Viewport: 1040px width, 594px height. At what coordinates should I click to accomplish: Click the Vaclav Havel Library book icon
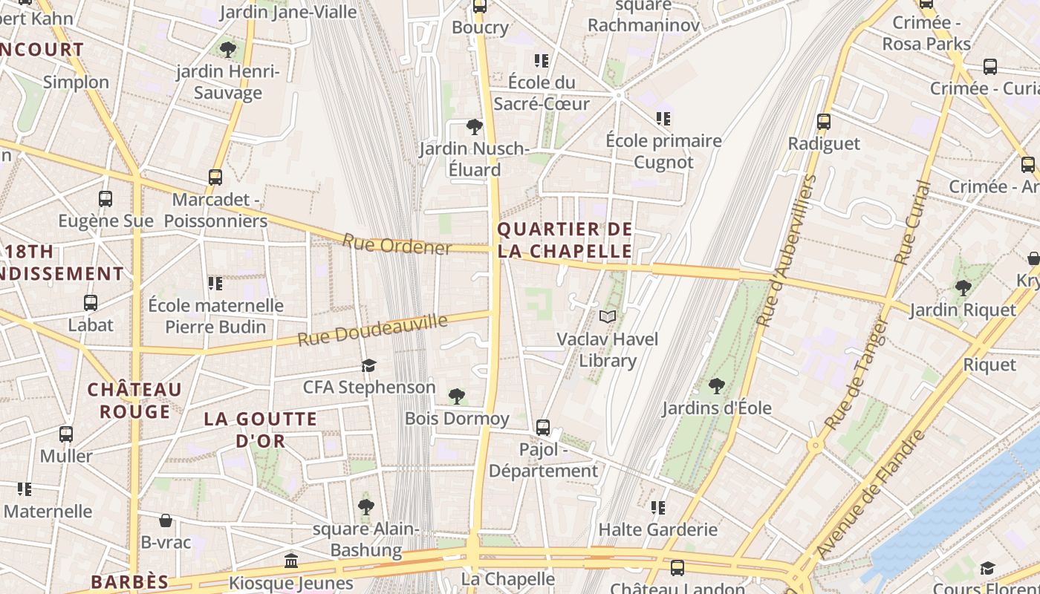608,317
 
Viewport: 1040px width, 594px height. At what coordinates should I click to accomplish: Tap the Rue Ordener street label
397,244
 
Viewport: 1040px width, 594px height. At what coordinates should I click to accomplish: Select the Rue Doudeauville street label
373,330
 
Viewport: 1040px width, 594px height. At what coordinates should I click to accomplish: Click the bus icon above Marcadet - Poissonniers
215,177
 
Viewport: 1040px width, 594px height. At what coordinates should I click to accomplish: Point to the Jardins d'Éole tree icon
717,386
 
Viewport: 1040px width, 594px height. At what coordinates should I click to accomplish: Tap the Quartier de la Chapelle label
565,240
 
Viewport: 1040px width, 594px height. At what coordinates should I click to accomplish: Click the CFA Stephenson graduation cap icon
368,365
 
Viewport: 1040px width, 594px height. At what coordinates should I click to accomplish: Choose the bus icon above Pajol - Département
543,428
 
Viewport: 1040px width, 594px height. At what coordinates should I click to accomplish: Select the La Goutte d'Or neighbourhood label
260,429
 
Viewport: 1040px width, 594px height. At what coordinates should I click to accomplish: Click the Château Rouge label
134,400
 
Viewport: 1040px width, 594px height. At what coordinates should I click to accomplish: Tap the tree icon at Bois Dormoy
457,396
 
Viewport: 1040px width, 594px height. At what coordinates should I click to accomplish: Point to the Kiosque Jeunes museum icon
291,561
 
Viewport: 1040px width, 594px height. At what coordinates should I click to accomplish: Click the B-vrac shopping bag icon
166,520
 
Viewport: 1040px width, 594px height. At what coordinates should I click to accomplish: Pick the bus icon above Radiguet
823,122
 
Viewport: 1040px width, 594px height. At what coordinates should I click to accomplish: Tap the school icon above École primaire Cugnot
663,119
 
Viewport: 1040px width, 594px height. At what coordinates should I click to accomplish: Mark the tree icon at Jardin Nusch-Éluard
474,127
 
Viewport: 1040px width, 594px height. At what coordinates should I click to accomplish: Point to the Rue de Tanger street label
857,374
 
